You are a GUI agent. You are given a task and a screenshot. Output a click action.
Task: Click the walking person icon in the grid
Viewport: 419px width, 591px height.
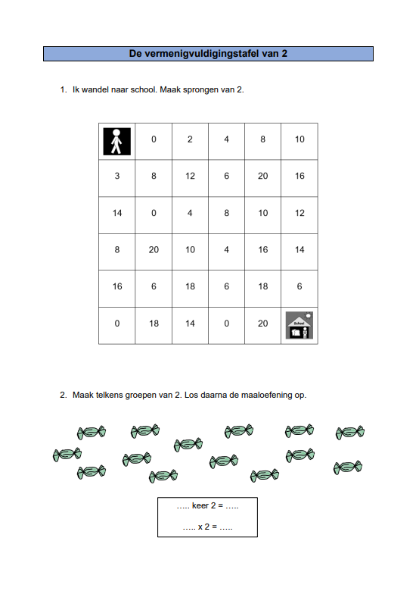pos(117,142)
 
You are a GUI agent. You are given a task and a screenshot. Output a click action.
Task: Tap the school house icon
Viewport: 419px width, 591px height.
pos(300,325)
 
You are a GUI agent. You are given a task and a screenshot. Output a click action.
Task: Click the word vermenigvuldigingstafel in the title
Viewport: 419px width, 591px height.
pos(194,54)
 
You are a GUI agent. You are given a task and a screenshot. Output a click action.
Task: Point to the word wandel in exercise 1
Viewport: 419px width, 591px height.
pos(95,89)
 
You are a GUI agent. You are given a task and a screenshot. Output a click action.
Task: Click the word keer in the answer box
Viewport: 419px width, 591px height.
pos(200,505)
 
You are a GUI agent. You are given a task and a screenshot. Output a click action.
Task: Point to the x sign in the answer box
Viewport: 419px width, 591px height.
pos(200,527)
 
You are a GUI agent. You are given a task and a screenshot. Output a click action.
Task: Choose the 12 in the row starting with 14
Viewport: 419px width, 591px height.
pos(300,213)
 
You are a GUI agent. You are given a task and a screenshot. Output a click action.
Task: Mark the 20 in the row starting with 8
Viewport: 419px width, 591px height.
pos(154,249)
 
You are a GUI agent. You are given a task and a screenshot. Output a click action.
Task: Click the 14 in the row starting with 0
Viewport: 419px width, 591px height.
pos(190,324)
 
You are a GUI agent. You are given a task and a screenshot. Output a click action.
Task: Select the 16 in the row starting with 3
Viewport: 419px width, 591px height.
pos(300,176)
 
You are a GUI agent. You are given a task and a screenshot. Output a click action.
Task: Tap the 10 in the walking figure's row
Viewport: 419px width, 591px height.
pos(300,139)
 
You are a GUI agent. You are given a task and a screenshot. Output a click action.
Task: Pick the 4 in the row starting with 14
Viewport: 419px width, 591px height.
pos(190,213)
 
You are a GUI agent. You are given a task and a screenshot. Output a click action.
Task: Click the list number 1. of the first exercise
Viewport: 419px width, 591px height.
pos(64,89)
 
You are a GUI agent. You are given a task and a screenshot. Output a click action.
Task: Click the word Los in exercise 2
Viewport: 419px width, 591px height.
pos(191,395)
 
